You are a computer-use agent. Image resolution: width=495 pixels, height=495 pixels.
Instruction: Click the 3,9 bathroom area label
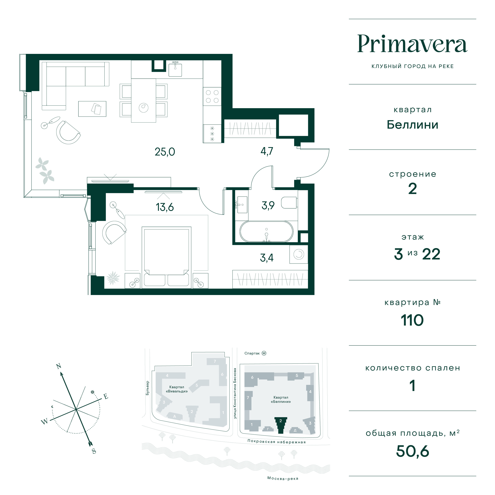point(268,205)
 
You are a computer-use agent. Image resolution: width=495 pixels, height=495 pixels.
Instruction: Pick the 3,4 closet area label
point(267,258)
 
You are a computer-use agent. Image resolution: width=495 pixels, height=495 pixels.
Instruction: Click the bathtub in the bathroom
point(266,231)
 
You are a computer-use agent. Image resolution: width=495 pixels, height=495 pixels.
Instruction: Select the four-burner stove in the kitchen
point(212,97)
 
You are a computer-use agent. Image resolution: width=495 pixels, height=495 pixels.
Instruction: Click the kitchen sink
point(175,69)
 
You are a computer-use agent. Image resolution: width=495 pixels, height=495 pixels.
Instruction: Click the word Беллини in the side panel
point(413,125)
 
